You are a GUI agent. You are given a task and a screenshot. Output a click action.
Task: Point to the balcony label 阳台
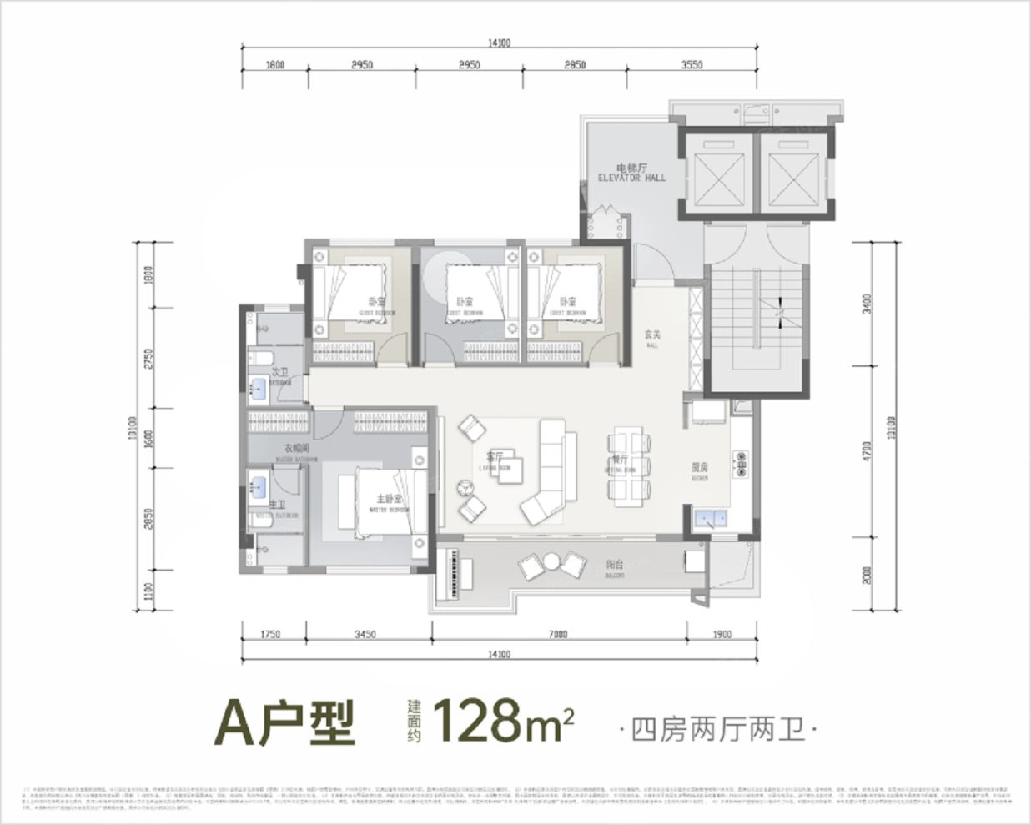pyautogui.click(x=616, y=565)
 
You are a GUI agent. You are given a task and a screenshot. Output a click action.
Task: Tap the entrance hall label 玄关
pyautogui.click(x=651, y=336)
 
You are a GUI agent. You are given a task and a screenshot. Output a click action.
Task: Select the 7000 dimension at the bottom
pyautogui.click(x=558, y=635)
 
